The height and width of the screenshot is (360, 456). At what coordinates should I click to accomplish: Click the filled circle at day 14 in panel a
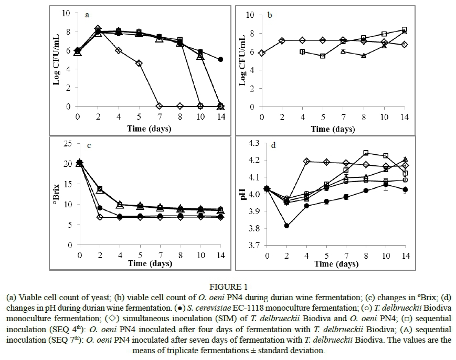[221, 60]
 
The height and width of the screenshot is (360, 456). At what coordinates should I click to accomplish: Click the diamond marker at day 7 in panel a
[160, 106]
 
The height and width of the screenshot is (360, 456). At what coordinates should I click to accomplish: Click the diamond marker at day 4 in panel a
[119, 50]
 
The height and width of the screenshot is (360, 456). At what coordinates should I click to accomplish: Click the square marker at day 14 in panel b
[404, 30]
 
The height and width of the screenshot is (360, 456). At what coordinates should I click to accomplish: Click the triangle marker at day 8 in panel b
[363, 56]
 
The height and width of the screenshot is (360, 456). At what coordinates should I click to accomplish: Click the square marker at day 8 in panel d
[366, 153]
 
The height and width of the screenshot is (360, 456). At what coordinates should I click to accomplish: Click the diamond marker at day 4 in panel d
[306, 161]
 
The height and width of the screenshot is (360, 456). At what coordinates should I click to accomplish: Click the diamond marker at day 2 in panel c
[99, 217]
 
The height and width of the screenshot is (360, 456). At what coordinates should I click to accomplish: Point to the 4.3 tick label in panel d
[254, 143]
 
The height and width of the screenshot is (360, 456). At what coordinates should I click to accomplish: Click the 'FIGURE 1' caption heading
[227, 287]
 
